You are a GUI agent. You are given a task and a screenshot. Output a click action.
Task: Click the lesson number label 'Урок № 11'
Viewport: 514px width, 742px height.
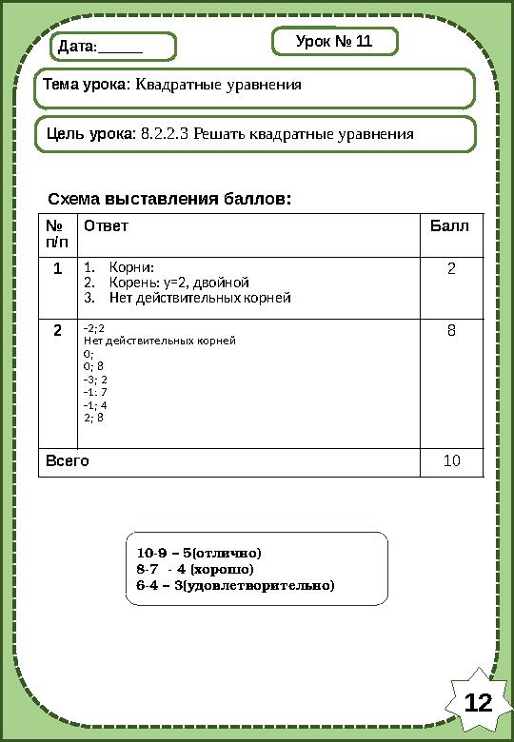334,43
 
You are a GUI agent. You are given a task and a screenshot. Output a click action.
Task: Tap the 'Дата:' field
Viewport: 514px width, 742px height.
113,47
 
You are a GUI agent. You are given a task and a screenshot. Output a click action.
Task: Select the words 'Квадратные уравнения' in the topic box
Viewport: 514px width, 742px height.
219,86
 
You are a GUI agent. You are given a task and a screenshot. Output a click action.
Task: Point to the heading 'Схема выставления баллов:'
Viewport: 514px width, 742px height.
169,200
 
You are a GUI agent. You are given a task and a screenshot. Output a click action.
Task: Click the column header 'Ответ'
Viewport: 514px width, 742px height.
106,226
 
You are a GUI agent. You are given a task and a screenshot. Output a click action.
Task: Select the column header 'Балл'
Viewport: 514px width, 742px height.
449,226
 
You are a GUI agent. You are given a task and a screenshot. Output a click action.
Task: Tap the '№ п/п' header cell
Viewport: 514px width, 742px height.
58,234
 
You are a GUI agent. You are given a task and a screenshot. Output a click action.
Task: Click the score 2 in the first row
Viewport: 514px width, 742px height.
451,268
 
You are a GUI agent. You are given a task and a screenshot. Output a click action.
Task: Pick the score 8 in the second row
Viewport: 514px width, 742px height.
451,330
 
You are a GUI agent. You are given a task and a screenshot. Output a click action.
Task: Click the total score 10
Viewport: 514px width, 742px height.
451,461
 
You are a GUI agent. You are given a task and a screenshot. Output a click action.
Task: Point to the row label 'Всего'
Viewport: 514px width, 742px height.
69,461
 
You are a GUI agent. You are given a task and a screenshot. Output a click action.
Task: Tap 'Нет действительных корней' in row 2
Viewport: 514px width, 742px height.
160,339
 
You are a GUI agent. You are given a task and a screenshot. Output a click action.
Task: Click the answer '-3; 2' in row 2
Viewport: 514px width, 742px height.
96,378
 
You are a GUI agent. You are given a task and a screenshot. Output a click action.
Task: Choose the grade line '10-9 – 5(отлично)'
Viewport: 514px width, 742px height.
199,553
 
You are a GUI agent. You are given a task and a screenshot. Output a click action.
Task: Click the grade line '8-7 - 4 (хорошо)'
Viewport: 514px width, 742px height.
195,569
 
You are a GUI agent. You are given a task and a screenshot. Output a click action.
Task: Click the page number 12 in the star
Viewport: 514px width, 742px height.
478,703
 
